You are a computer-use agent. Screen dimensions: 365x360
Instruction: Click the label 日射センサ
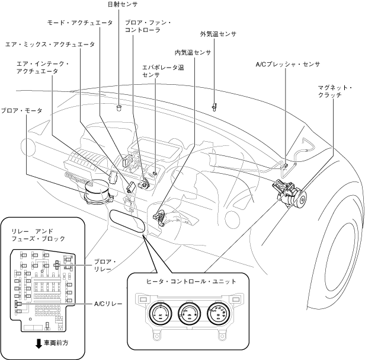(123, 4)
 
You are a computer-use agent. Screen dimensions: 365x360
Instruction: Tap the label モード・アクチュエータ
(80, 23)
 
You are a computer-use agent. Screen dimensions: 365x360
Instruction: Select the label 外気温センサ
(218, 34)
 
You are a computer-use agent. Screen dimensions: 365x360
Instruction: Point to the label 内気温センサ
(193, 53)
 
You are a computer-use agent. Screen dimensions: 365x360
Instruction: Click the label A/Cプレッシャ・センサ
(288, 64)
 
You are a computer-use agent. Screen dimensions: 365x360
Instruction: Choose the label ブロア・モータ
(22, 110)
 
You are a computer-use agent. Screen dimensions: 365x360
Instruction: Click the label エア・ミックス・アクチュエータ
(50, 44)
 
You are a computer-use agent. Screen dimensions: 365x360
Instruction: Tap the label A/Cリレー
(108, 304)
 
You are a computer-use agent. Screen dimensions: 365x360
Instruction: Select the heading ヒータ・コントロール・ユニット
(191, 281)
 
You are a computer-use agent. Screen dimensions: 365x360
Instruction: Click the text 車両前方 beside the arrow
(56, 343)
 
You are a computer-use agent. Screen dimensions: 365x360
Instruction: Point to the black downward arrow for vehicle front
(39, 343)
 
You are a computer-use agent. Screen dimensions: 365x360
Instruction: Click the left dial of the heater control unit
(161, 313)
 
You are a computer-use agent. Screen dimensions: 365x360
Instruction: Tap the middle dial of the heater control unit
(189, 313)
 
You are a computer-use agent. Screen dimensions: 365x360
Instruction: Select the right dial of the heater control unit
(218, 313)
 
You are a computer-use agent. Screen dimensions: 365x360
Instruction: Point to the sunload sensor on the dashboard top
(119, 108)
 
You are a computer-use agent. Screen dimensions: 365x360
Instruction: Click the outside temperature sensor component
(214, 107)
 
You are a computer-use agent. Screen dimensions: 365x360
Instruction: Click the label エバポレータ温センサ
(163, 71)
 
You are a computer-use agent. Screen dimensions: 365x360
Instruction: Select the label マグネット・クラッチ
(335, 91)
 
